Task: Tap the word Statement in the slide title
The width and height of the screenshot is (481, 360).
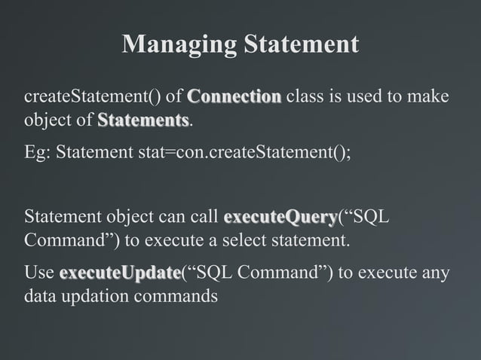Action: point(300,44)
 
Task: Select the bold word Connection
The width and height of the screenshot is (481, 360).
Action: point(234,97)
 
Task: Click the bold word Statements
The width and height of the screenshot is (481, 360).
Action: point(143,121)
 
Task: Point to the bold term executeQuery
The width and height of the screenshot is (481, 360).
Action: point(280,218)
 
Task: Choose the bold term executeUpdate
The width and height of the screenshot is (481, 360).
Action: point(120,272)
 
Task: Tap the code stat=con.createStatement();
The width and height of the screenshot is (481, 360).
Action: point(244,153)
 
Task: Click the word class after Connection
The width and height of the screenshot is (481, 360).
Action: point(306,97)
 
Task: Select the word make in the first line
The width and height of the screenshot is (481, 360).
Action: point(430,97)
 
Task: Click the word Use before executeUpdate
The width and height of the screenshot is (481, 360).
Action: point(39,272)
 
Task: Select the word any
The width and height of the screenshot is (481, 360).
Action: point(434,272)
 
